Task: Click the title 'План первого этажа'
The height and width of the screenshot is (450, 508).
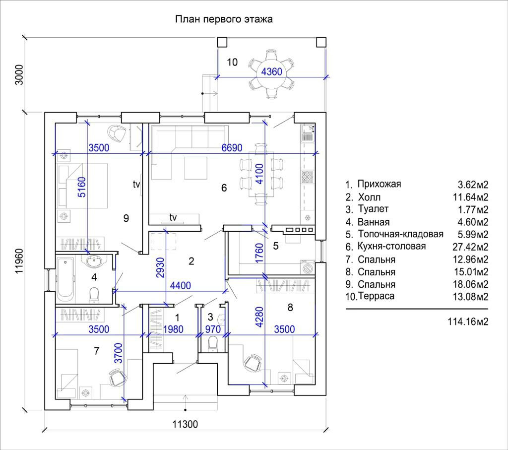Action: tap(224, 19)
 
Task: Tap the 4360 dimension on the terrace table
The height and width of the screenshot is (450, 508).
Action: tap(271, 71)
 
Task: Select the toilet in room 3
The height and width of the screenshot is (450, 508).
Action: tap(213, 344)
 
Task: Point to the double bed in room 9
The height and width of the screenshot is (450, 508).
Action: tap(83, 186)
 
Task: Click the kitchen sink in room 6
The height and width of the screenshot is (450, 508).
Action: tap(308, 133)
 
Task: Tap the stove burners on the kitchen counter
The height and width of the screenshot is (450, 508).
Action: tap(308, 177)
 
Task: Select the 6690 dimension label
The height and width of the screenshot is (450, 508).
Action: tap(232, 148)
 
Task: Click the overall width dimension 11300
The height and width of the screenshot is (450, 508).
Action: tap(185, 424)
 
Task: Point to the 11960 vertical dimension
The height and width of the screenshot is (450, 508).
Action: tap(20, 261)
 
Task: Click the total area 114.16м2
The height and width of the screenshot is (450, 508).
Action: tap(468, 321)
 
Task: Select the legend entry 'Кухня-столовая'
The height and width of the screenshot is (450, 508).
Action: tap(391, 246)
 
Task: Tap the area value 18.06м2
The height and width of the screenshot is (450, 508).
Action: tap(470, 284)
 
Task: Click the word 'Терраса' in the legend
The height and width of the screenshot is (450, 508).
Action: tap(376, 296)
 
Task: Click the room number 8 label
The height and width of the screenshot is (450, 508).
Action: tap(290, 307)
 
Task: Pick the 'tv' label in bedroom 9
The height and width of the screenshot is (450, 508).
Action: tap(136, 184)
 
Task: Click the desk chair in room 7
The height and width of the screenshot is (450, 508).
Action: tap(117, 377)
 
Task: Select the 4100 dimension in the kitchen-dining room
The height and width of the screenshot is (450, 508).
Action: tap(260, 174)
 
